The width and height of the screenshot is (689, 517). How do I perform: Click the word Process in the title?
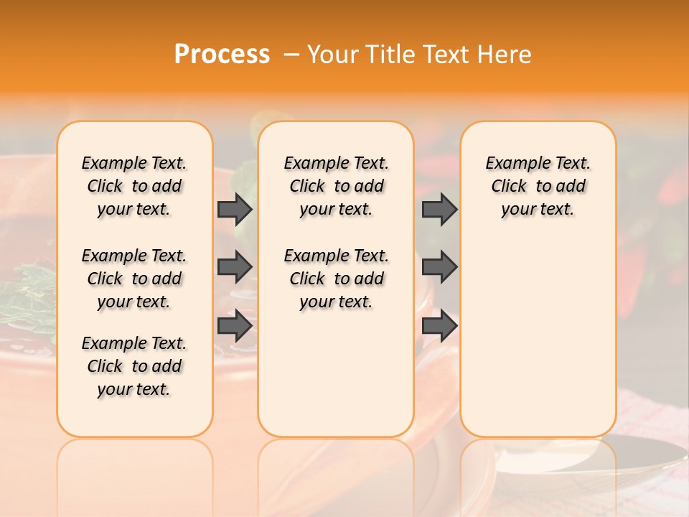[x=222, y=55]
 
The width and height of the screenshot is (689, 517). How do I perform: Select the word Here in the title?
[x=507, y=55]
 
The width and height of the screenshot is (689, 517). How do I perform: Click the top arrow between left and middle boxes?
[x=235, y=209]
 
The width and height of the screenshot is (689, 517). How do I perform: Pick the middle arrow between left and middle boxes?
[x=235, y=267]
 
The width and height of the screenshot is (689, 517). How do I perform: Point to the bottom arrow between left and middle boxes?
[x=235, y=326]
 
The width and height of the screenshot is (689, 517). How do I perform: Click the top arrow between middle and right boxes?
[x=439, y=209]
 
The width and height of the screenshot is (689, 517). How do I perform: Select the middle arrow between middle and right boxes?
[x=439, y=267]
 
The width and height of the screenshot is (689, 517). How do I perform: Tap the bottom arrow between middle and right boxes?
[x=439, y=326]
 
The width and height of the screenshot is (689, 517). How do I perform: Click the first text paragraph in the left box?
[x=134, y=186]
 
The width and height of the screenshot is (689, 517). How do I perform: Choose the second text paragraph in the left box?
[x=134, y=279]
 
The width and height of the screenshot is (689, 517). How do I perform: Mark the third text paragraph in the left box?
[x=134, y=366]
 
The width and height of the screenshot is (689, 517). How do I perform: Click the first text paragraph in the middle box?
[x=336, y=186]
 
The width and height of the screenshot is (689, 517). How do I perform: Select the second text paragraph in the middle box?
[x=336, y=279]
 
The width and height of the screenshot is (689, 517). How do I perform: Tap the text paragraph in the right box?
[x=538, y=186]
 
